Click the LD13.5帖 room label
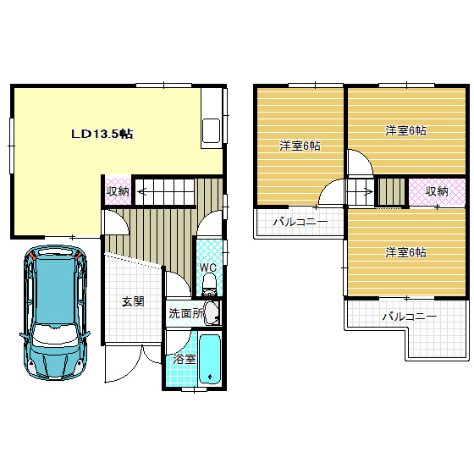pyautogui.click(x=102, y=134)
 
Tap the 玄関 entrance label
pyautogui.click(x=133, y=301)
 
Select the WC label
pyautogui.click(x=208, y=267)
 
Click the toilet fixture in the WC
pyautogui.click(x=209, y=284)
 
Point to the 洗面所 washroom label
pyautogui.click(x=186, y=313)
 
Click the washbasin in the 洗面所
pyautogui.click(x=212, y=313)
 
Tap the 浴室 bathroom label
pyautogui.click(x=185, y=359)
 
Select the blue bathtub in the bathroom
pyautogui.click(x=210, y=359)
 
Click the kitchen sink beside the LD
pyautogui.click(x=211, y=130)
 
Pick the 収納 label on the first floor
pyautogui.click(x=118, y=191)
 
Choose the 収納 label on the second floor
pyautogui.click(x=437, y=191)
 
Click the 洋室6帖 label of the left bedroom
pyautogui.click(x=300, y=146)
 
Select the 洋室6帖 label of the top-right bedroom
pyautogui.click(x=405, y=131)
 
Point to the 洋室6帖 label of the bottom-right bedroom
pyautogui.click(x=405, y=252)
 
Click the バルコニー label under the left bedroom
pyautogui.click(x=300, y=223)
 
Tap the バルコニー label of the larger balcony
pyautogui.click(x=410, y=317)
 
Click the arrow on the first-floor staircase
pyautogui.click(x=142, y=191)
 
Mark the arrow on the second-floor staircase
pyautogui.click(x=367, y=191)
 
